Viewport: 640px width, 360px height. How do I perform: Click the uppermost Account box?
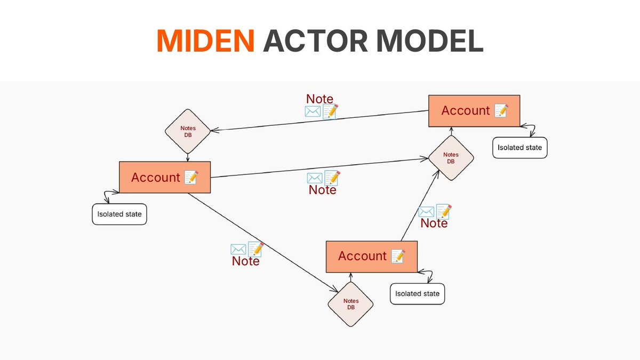tap(474, 111)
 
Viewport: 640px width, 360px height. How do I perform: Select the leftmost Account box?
tap(165, 178)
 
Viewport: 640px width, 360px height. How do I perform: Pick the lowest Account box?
tap(371, 257)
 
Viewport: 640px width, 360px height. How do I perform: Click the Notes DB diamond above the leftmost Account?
tap(187, 131)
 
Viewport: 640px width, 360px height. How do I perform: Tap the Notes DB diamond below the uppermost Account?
tap(451, 158)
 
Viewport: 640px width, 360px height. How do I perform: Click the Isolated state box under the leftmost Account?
tap(119, 214)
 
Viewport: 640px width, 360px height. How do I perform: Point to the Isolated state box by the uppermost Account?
tap(519, 147)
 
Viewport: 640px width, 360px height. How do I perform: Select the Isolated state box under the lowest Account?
tap(417, 293)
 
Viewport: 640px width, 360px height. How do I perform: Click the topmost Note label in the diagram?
tap(319, 99)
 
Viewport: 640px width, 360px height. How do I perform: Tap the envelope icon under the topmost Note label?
tap(312, 111)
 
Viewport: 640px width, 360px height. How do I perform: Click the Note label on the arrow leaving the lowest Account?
tap(434, 223)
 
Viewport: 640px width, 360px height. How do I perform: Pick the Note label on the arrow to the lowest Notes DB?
tap(245, 261)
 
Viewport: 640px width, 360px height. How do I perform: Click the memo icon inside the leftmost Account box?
tap(191, 178)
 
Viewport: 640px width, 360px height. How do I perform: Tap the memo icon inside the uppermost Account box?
tap(501, 111)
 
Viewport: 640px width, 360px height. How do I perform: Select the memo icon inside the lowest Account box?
tap(397, 257)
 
